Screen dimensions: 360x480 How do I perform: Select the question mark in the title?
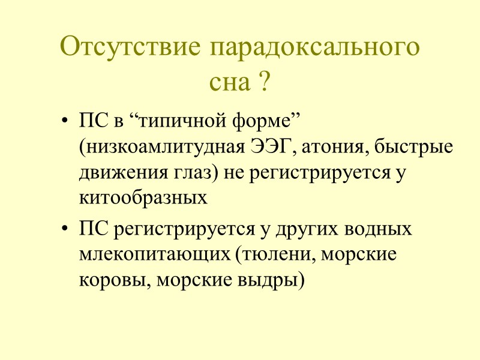tap(262, 82)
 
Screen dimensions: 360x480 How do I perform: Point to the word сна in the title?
tap(229, 82)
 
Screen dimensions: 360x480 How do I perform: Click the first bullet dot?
tap(65, 122)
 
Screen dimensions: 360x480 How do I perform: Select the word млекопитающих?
tap(154, 255)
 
